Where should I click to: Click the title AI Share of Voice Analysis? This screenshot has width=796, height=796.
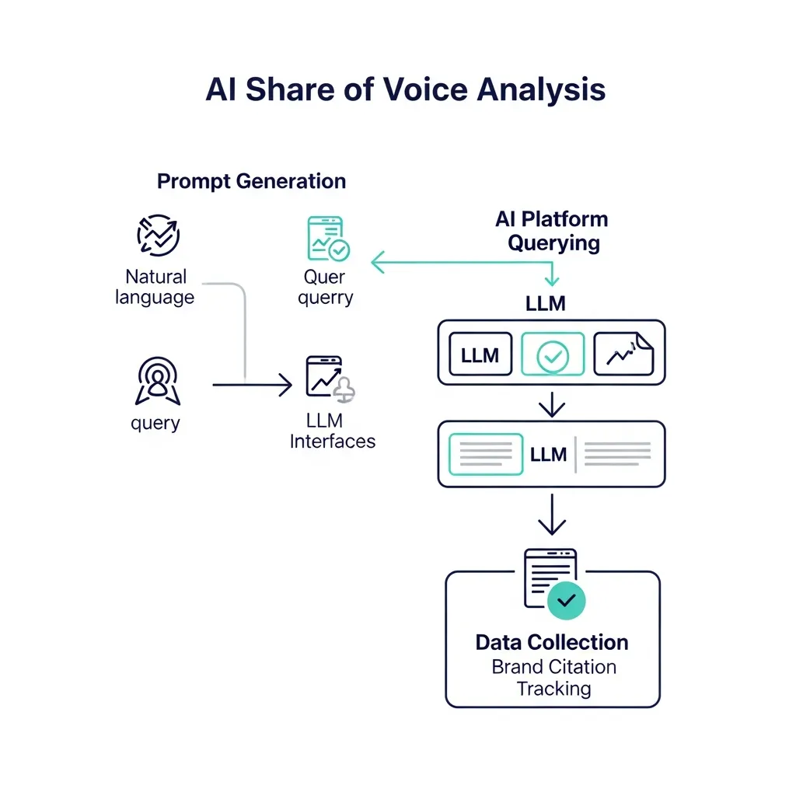pos(405,89)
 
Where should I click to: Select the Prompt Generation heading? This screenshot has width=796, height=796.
pos(251,181)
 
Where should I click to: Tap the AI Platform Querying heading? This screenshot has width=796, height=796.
pos(553,231)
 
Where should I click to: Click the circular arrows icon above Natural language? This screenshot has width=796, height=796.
pos(158,234)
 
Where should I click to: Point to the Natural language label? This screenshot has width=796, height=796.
pos(155,287)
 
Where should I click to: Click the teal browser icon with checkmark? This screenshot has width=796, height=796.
pos(327,239)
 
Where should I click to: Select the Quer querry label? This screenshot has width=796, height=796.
pos(325,287)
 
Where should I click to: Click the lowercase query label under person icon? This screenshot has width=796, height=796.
pos(155,424)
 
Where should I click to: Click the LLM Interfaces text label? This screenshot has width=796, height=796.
pos(332,431)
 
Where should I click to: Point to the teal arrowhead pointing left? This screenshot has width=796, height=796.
pos(379,263)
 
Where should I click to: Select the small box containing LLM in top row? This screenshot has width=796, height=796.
pos(480,355)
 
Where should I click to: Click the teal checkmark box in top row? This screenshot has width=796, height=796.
pos(552,355)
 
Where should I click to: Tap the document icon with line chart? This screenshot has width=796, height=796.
pos(623,354)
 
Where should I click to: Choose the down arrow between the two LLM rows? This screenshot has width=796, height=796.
pos(551,404)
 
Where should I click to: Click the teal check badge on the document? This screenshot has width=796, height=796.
pos(567,600)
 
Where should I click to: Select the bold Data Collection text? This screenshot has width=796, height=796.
pos(552,643)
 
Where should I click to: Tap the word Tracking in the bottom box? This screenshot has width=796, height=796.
pos(553,689)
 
